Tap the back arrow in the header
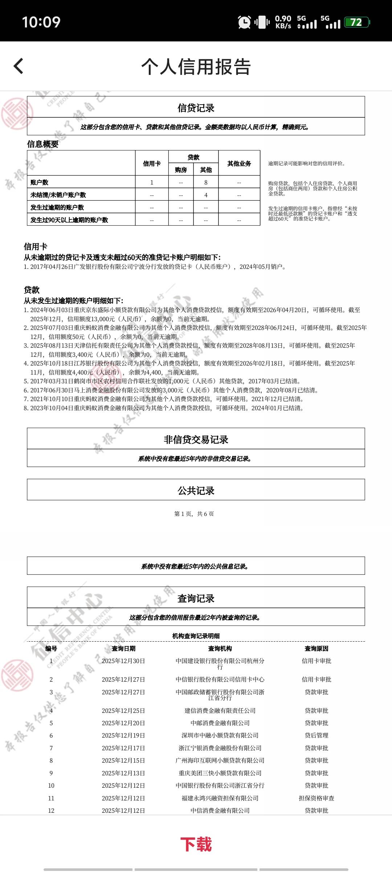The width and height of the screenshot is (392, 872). pyautogui.click(x=19, y=66)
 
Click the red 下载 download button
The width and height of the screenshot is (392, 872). pyautogui.click(x=196, y=844)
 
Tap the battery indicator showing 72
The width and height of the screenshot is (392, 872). pyautogui.click(x=356, y=23)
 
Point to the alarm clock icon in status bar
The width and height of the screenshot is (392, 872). pyautogui.click(x=244, y=23)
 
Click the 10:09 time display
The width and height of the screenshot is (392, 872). pyautogui.click(x=41, y=22)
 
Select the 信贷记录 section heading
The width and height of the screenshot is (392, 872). pyautogui.click(x=196, y=108)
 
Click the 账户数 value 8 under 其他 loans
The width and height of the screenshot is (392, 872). pyautogui.click(x=206, y=182)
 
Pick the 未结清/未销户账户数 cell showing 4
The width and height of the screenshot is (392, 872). pyautogui.click(x=206, y=195)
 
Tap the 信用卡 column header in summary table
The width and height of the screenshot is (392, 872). pyautogui.click(x=152, y=163)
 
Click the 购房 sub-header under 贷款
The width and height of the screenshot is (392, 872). pyautogui.click(x=181, y=170)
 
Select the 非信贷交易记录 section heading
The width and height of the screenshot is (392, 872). pyautogui.click(x=196, y=440)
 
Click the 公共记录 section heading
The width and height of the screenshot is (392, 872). pyautogui.click(x=196, y=490)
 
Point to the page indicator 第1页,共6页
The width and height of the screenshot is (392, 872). pyautogui.click(x=194, y=514)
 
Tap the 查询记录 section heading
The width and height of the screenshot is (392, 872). pyautogui.click(x=196, y=598)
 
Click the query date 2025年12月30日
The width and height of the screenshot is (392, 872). pyautogui.click(x=123, y=661)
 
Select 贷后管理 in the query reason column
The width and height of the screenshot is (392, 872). pyautogui.click(x=317, y=735)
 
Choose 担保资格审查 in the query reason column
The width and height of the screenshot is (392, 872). pyautogui.click(x=317, y=798)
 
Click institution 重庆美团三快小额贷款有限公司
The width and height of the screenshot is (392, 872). pyautogui.click(x=220, y=773)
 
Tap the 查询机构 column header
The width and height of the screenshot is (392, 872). pyautogui.click(x=220, y=649)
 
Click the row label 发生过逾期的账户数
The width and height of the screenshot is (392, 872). pyautogui.click(x=57, y=207)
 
